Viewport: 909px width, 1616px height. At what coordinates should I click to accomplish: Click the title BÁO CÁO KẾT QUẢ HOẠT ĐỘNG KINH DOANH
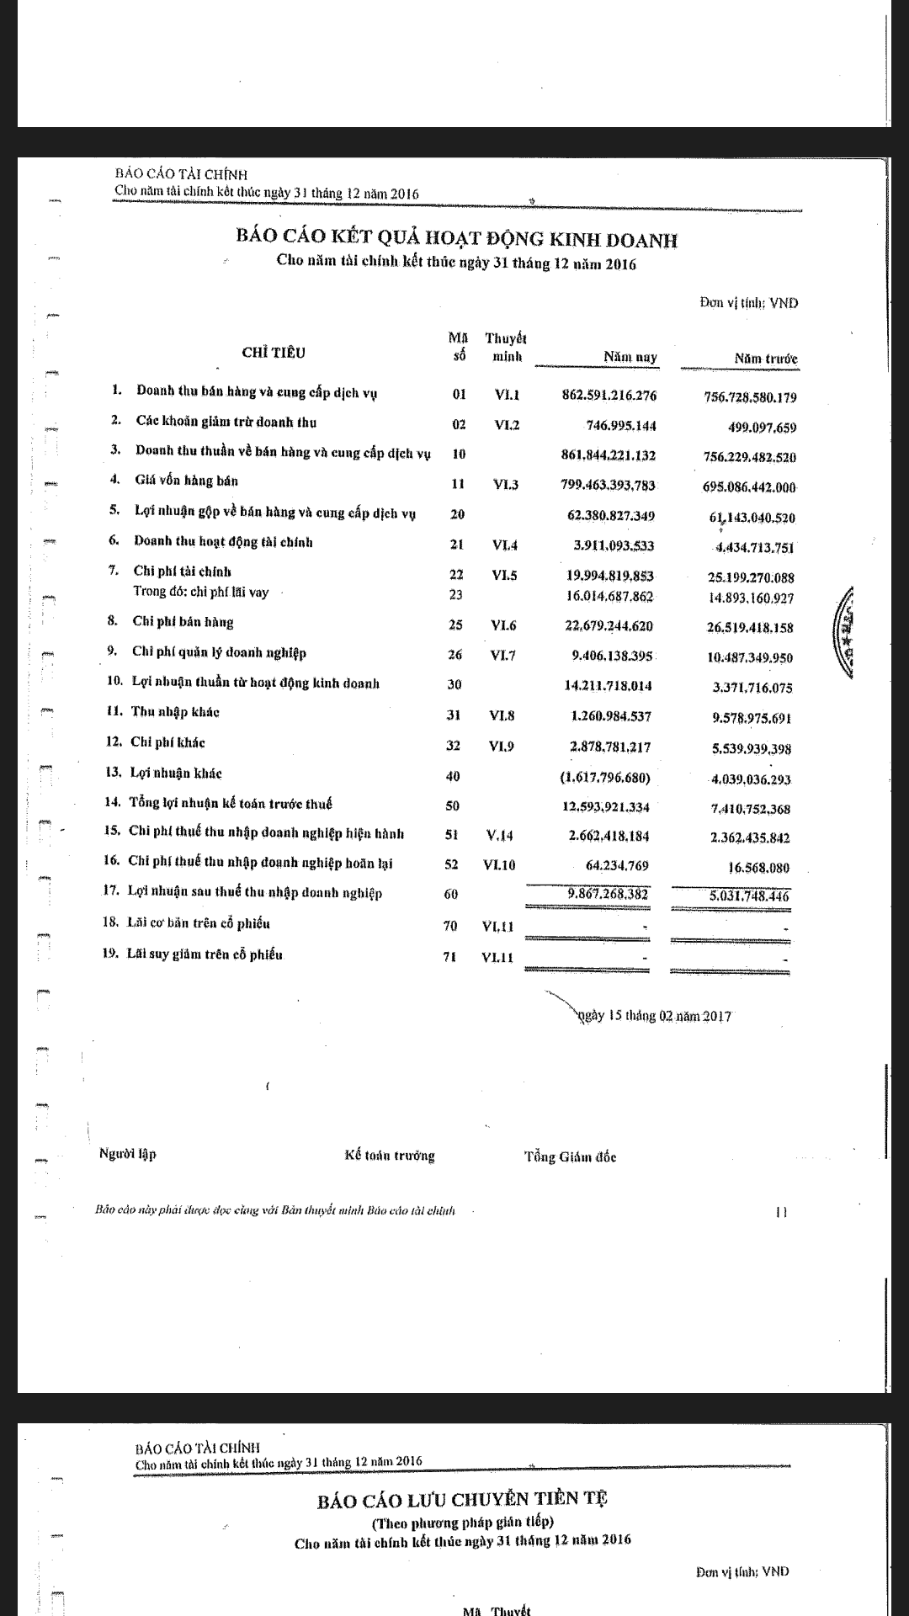457,240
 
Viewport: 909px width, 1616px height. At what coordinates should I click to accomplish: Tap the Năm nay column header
630,358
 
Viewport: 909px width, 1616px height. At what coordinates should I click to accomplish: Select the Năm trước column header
765,359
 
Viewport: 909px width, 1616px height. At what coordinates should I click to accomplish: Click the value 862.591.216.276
609,396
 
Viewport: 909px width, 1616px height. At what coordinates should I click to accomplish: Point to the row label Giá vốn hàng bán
186,481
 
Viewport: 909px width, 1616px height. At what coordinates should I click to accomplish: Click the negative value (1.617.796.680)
604,778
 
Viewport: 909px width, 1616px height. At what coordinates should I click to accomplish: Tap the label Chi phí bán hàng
183,622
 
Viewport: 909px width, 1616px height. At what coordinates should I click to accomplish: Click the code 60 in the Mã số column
451,895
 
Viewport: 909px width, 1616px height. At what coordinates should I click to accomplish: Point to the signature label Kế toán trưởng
390,1156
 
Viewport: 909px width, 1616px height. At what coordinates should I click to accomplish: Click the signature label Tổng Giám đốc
570,1157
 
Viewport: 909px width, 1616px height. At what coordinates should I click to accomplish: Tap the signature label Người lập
128,1154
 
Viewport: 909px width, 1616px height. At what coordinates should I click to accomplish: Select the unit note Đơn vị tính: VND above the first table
748,303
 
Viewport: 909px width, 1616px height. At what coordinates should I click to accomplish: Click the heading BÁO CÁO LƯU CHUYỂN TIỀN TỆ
463,1499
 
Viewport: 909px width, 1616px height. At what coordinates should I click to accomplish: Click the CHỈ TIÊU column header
274,353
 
